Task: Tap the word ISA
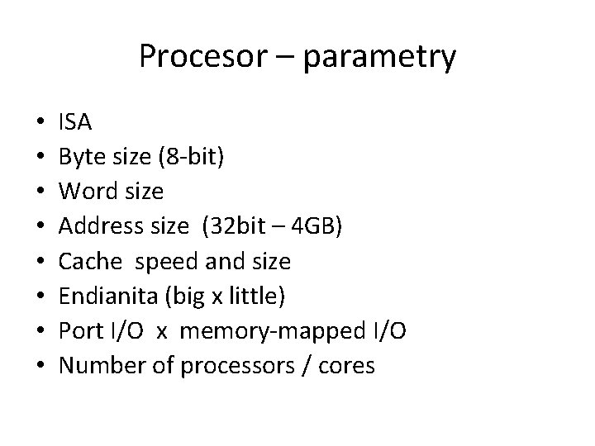(75, 123)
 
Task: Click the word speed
(165, 263)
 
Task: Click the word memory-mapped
(269, 332)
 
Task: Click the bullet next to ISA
(30, 124)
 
